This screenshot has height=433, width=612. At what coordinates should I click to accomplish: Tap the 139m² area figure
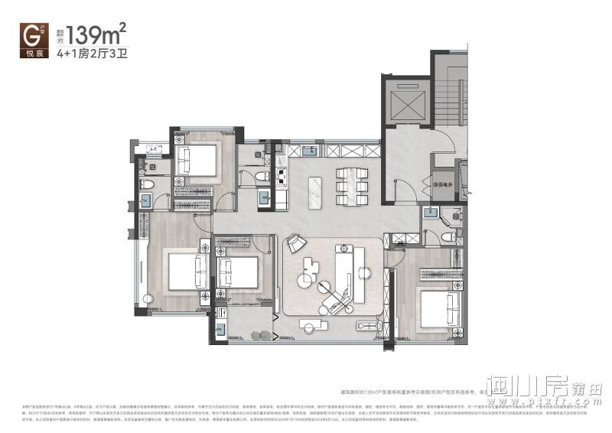(x=96, y=34)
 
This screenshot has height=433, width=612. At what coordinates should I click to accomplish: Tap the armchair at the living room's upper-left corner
(x=295, y=246)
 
